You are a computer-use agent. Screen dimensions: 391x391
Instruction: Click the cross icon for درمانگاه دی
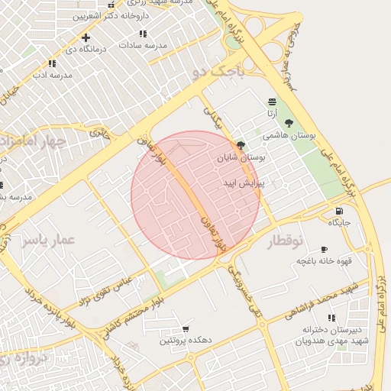[86, 37]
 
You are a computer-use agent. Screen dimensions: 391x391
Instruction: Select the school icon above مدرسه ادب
[51, 64]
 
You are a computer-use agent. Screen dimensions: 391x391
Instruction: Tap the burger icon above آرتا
[272, 102]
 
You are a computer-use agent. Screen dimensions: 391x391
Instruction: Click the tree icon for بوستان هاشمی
[288, 123]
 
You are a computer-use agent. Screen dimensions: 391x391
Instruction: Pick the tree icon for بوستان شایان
[241, 145]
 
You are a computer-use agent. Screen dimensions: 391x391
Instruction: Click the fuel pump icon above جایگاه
[338, 211]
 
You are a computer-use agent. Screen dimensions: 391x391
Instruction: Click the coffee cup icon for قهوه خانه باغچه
[324, 249]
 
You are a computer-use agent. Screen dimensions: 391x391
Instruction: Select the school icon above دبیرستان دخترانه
[331, 318]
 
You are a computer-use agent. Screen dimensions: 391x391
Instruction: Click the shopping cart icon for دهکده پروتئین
[186, 328]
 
